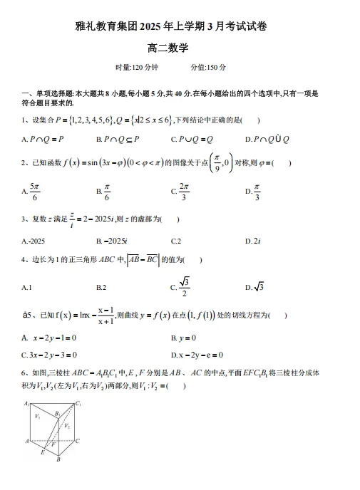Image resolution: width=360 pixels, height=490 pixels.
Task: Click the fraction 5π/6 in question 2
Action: tap(36, 191)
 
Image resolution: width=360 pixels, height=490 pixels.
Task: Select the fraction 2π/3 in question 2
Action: tap(183, 191)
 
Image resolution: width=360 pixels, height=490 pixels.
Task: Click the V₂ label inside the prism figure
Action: tap(66, 424)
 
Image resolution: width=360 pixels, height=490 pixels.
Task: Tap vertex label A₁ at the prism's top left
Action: tap(26, 404)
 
